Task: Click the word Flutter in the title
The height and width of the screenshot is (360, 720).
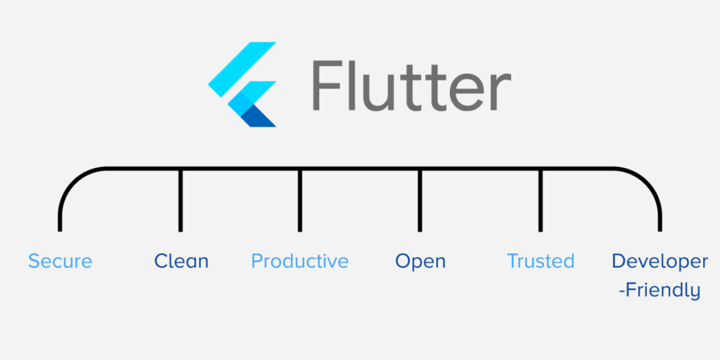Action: [x=411, y=86]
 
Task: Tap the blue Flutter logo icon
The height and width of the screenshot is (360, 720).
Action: [x=243, y=84]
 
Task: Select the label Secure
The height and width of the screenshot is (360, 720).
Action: [x=60, y=262]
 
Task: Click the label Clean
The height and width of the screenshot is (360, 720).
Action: [x=181, y=262]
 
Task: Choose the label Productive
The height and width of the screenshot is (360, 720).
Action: [x=300, y=262]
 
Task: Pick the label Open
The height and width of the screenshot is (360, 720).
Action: [x=420, y=262]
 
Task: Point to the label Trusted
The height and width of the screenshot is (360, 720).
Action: [x=541, y=262]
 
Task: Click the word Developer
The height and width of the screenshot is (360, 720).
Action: [x=660, y=262]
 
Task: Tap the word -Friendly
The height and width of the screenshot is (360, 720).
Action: [x=660, y=290]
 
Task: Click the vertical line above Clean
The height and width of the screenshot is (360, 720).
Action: [x=181, y=200]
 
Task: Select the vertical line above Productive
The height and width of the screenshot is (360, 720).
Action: [x=300, y=200]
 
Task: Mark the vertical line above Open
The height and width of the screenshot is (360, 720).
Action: [x=420, y=200]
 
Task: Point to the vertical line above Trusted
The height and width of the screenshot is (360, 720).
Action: [x=540, y=200]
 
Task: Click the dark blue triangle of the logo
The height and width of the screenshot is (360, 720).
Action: [x=262, y=116]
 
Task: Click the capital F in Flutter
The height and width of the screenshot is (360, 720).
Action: [x=328, y=86]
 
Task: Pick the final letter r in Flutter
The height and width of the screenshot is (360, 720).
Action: [x=501, y=93]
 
